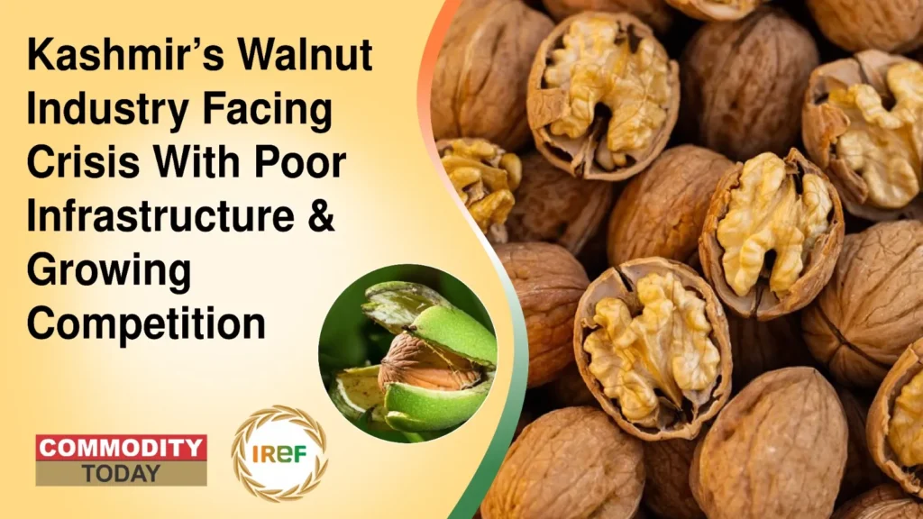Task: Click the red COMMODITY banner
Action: point(121,448)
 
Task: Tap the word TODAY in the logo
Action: point(121,473)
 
